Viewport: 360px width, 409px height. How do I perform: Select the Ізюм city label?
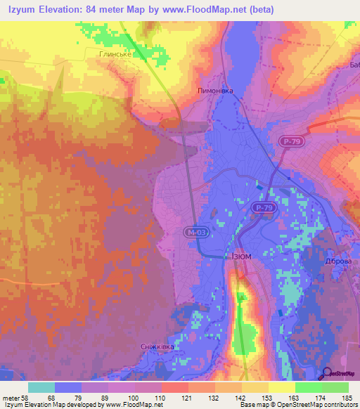pos(240,257)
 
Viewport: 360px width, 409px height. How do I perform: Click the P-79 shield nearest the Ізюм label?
pos(263,209)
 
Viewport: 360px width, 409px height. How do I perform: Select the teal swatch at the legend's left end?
pos(41,387)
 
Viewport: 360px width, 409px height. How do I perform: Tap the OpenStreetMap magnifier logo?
pos(327,374)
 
